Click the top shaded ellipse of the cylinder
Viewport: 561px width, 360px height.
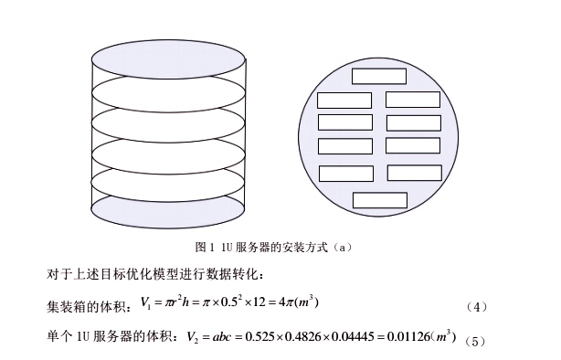(x=168, y=59)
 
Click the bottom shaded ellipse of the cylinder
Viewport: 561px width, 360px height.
(x=168, y=210)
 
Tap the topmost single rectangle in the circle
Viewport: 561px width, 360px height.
(x=379, y=76)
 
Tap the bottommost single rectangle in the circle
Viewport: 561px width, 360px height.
(x=380, y=200)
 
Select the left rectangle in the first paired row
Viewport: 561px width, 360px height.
(x=344, y=101)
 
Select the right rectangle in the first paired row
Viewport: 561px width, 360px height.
(x=413, y=100)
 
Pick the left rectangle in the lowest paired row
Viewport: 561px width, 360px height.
(x=346, y=174)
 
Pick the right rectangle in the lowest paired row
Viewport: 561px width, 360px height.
(x=415, y=173)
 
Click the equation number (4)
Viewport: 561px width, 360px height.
(x=477, y=307)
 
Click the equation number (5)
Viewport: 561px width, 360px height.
(x=475, y=342)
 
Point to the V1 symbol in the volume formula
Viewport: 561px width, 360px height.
(x=145, y=302)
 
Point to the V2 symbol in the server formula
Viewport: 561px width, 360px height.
(x=193, y=337)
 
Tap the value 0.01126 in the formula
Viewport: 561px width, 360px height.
(x=408, y=336)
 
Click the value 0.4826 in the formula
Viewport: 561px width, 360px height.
(x=302, y=336)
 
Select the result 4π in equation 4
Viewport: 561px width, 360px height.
(x=286, y=302)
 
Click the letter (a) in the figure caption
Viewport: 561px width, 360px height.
(x=343, y=248)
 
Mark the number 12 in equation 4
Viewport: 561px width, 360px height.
(x=259, y=302)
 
